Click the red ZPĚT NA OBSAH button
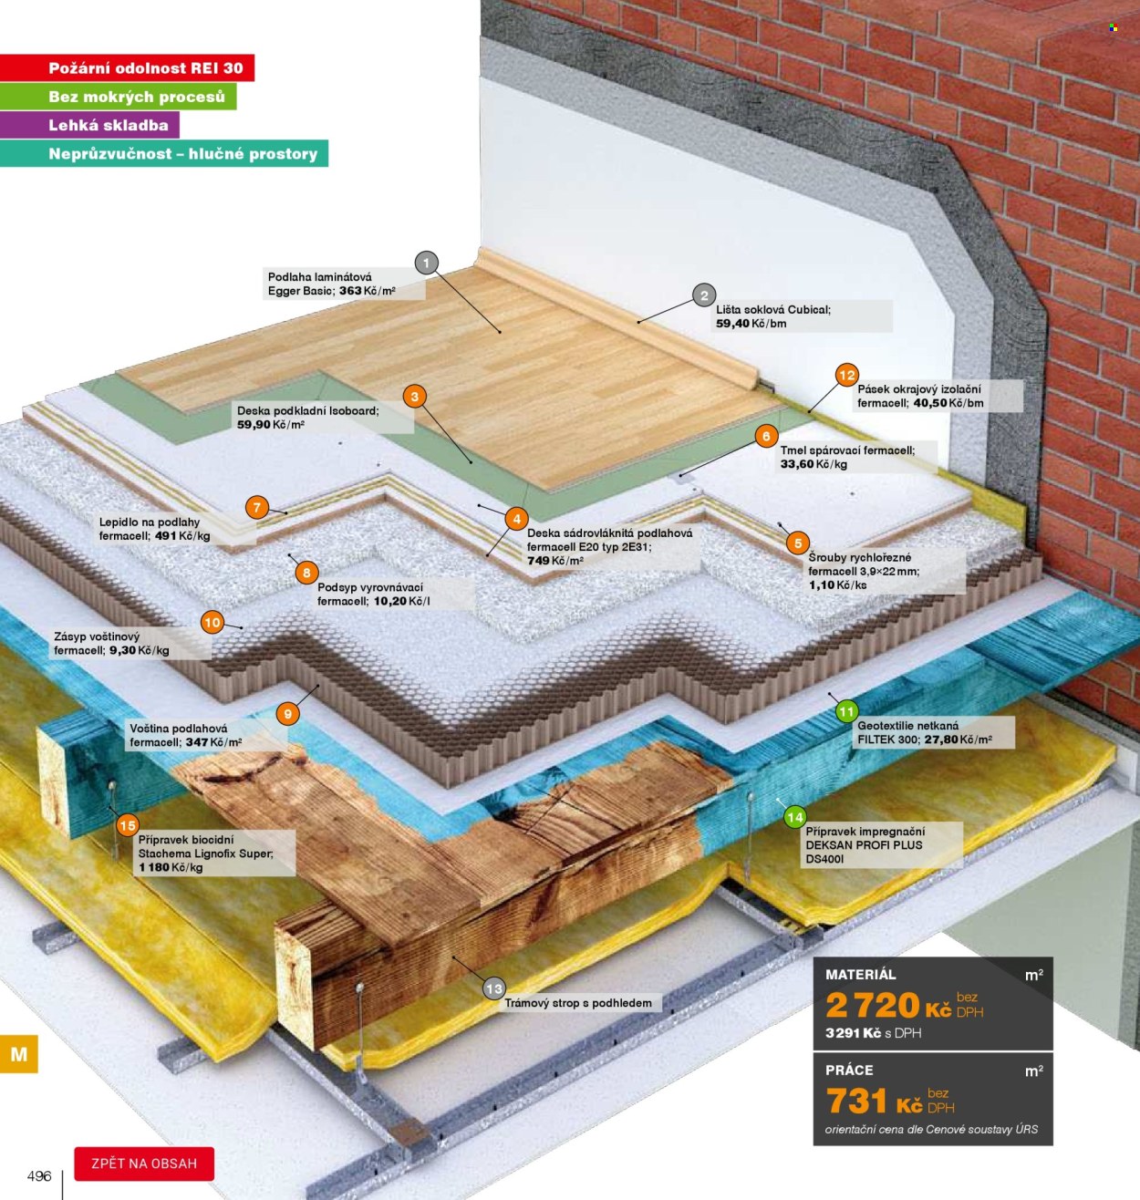point(144,1164)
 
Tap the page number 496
point(39,1175)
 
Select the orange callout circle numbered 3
point(415,397)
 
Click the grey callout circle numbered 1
point(426,264)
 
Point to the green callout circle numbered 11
point(846,711)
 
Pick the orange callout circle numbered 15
point(127,826)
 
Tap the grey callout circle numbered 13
point(493,988)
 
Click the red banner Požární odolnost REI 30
point(127,67)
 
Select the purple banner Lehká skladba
point(89,125)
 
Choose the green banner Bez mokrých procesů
point(118,97)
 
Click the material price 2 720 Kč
point(888,1005)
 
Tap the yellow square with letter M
point(19,1054)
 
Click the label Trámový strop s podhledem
point(578,1003)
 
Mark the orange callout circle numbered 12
point(846,375)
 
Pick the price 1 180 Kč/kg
point(171,867)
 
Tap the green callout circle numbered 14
point(794,817)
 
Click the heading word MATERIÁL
point(860,974)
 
